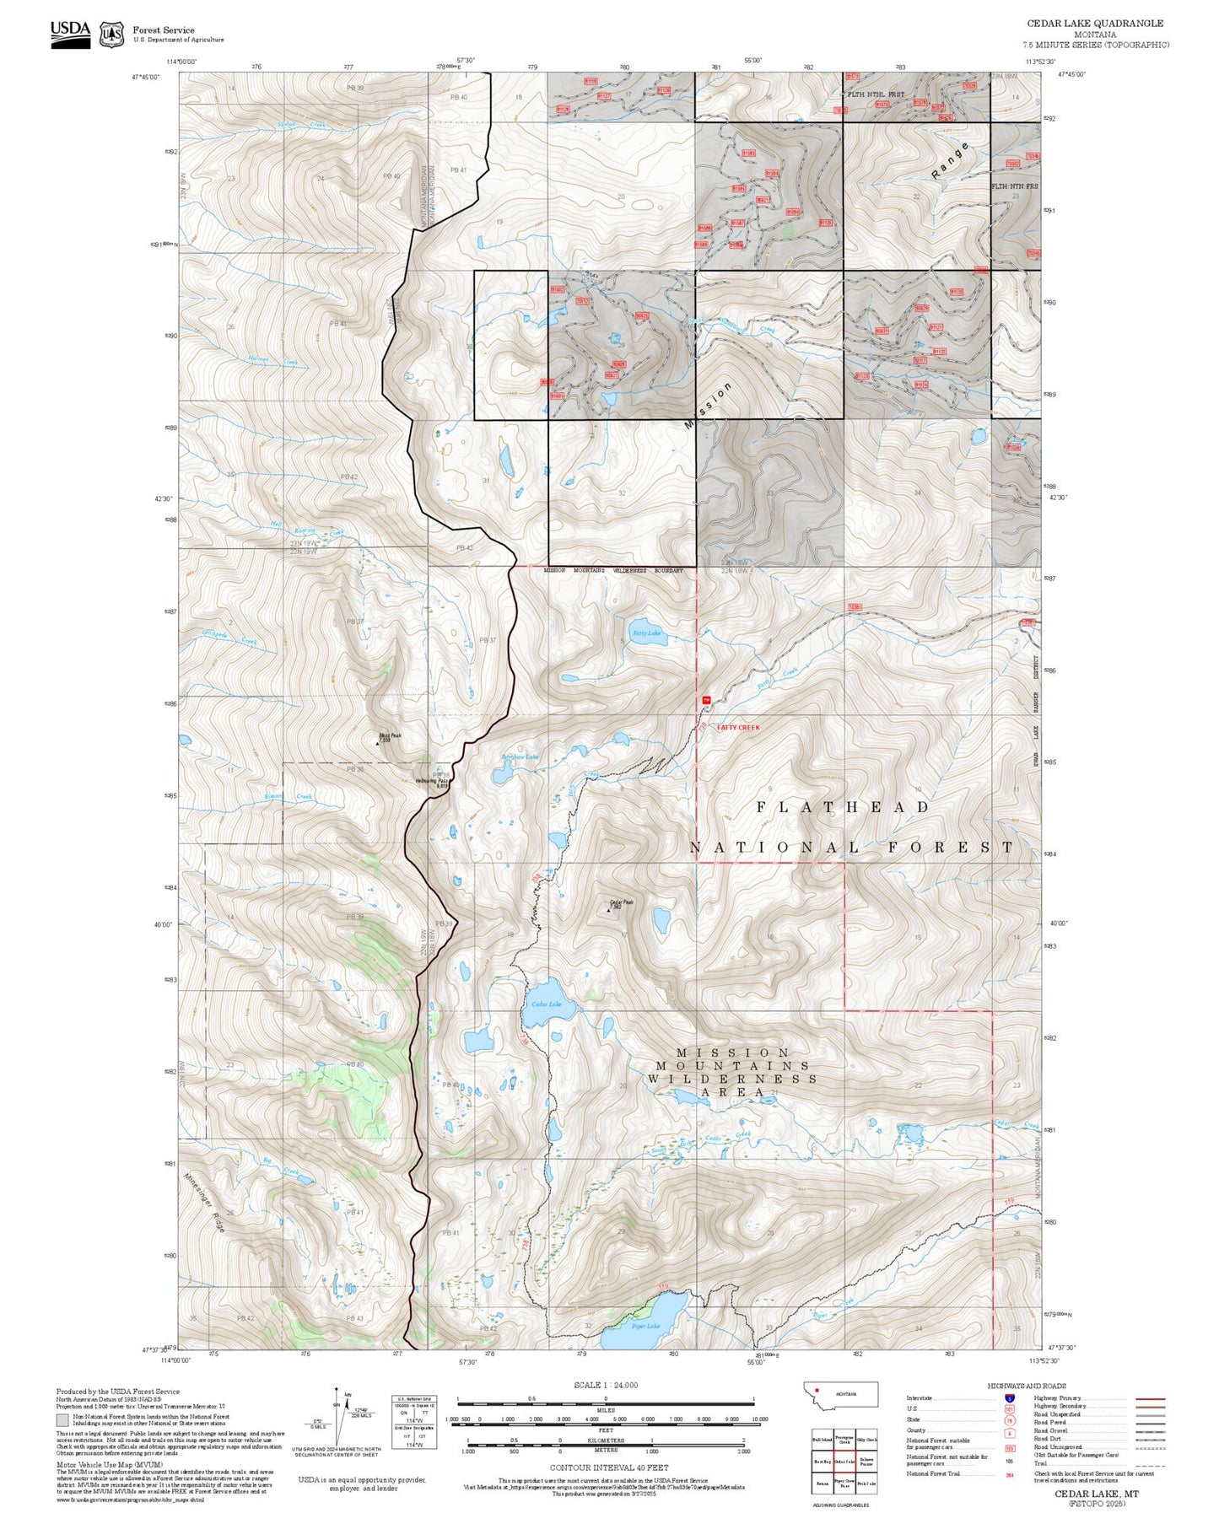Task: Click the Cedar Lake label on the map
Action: point(546,1004)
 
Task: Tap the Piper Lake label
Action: point(645,1327)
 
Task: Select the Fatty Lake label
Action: point(647,633)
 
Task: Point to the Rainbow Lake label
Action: point(520,757)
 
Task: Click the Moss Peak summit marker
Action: point(377,743)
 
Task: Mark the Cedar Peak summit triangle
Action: point(609,910)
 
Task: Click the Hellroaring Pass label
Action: point(432,782)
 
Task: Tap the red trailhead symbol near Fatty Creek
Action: point(706,699)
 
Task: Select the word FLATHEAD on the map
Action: point(843,807)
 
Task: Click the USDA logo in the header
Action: point(70,33)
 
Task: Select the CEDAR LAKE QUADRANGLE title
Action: point(1094,24)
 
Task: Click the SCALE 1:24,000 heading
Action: point(606,1386)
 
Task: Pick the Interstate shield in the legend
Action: point(1009,1398)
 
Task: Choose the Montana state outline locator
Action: point(844,1395)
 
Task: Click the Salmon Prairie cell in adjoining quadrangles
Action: point(866,1462)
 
